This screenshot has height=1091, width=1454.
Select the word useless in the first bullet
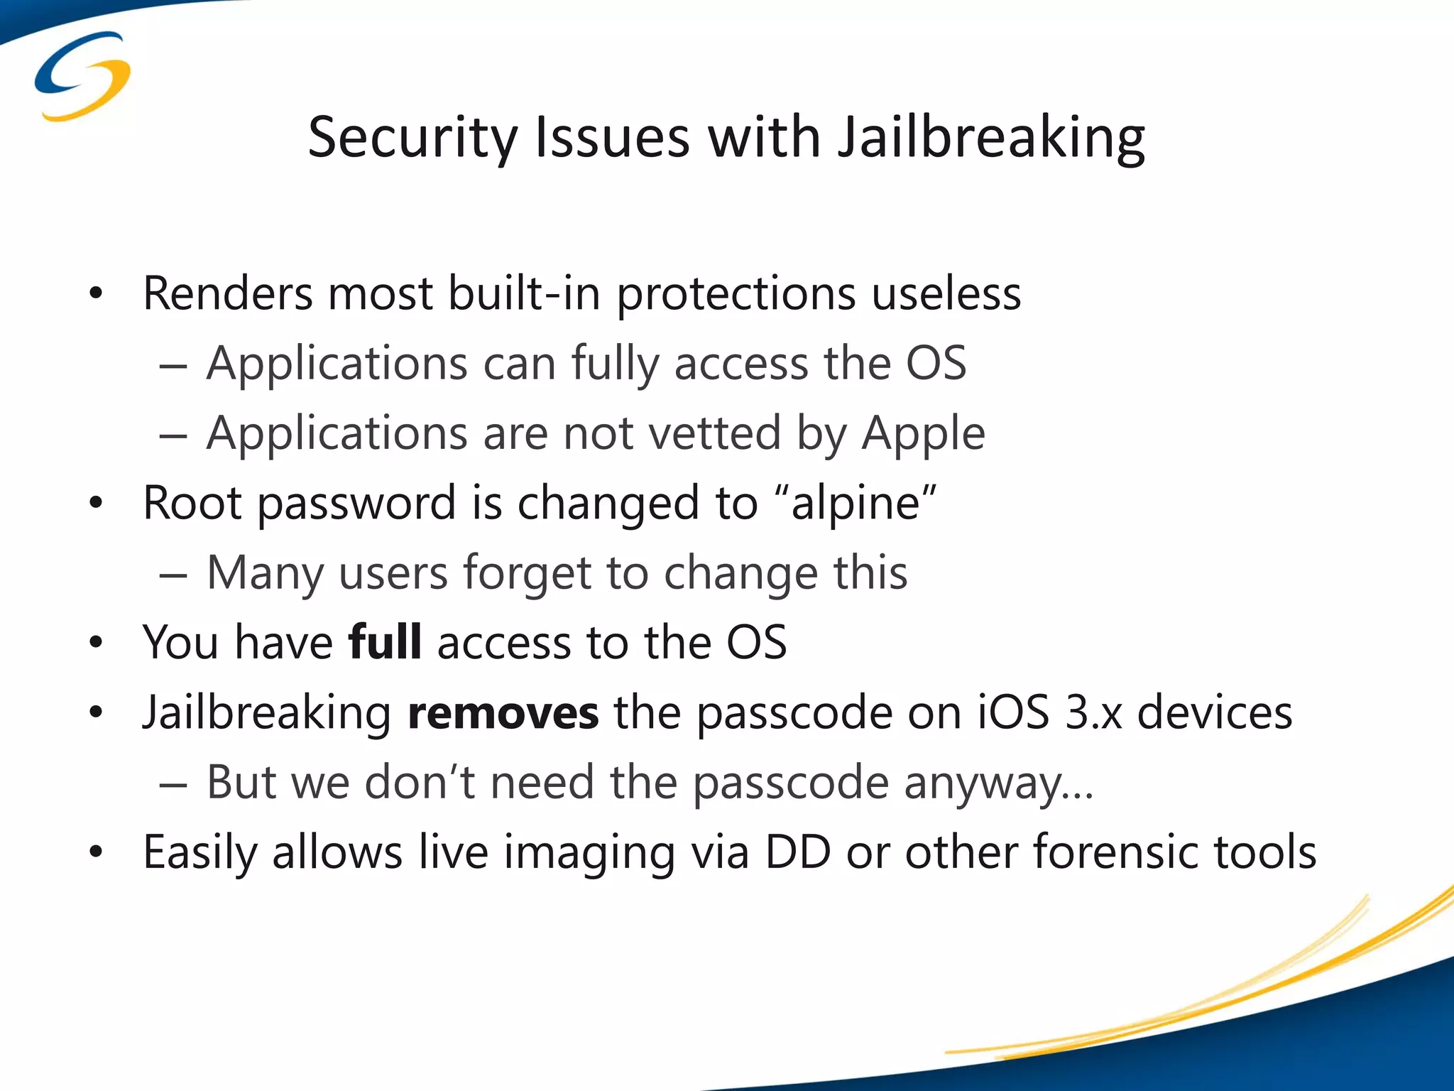[x=946, y=293]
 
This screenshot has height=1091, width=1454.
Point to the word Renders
[x=227, y=293]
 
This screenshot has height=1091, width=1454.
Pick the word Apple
[x=923, y=434]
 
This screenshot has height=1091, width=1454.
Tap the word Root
[x=192, y=503]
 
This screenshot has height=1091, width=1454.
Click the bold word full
[x=385, y=642]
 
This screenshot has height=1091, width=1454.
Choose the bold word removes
[x=503, y=713]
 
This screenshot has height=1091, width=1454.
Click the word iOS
[x=1013, y=712]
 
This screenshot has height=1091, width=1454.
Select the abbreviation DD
[x=797, y=852]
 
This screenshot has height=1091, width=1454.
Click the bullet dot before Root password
[x=96, y=503]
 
